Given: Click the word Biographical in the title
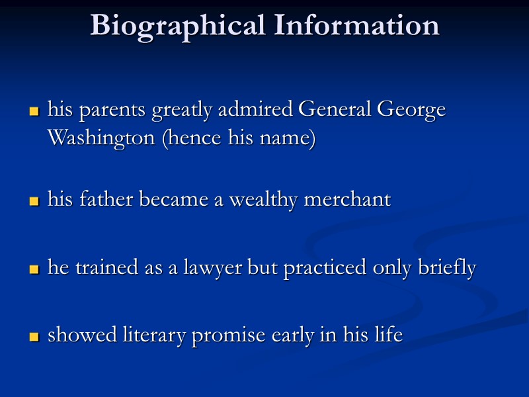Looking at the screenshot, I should [177, 26].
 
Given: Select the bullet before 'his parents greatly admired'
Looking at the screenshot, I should [34, 112].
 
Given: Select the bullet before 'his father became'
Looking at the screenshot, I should [34, 202].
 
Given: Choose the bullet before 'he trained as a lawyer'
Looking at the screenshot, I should [34, 270].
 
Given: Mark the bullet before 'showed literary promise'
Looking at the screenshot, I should [34, 337].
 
